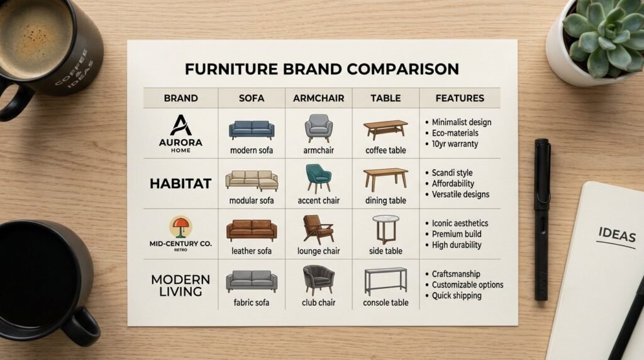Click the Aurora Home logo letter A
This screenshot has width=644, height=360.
click(180, 125)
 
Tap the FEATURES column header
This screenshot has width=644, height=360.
click(460, 98)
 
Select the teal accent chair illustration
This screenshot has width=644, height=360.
click(318, 178)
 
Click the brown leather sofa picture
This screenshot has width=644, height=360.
click(252, 230)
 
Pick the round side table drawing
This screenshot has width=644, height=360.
click(386, 229)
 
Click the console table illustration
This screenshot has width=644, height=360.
click(386, 281)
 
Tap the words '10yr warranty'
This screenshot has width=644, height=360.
click(455, 144)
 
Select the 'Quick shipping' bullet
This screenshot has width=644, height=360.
click(457, 295)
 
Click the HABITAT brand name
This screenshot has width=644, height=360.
click(180, 183)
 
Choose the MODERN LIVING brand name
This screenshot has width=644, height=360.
click(180, 286)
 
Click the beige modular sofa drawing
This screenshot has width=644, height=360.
click(252, 181)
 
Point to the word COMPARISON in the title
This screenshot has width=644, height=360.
click(403, 69)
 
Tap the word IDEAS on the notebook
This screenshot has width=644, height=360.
click(617, 235)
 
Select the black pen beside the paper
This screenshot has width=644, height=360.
click(542, 220)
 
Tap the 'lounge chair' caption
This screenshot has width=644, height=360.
click(318, 251)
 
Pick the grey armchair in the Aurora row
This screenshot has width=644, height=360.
click(318, 128)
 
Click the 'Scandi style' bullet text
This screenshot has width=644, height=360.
click(452, 173)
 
